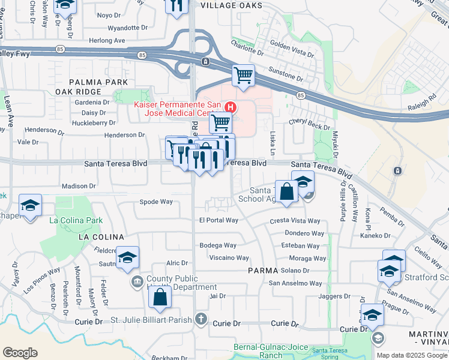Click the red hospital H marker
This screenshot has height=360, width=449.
230,107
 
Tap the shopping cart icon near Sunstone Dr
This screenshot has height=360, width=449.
243,76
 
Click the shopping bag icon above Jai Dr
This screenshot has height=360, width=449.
160,297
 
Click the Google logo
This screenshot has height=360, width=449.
20,353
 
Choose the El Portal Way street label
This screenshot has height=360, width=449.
218,220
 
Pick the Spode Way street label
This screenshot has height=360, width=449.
156,202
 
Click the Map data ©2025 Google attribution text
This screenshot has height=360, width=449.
412,355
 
